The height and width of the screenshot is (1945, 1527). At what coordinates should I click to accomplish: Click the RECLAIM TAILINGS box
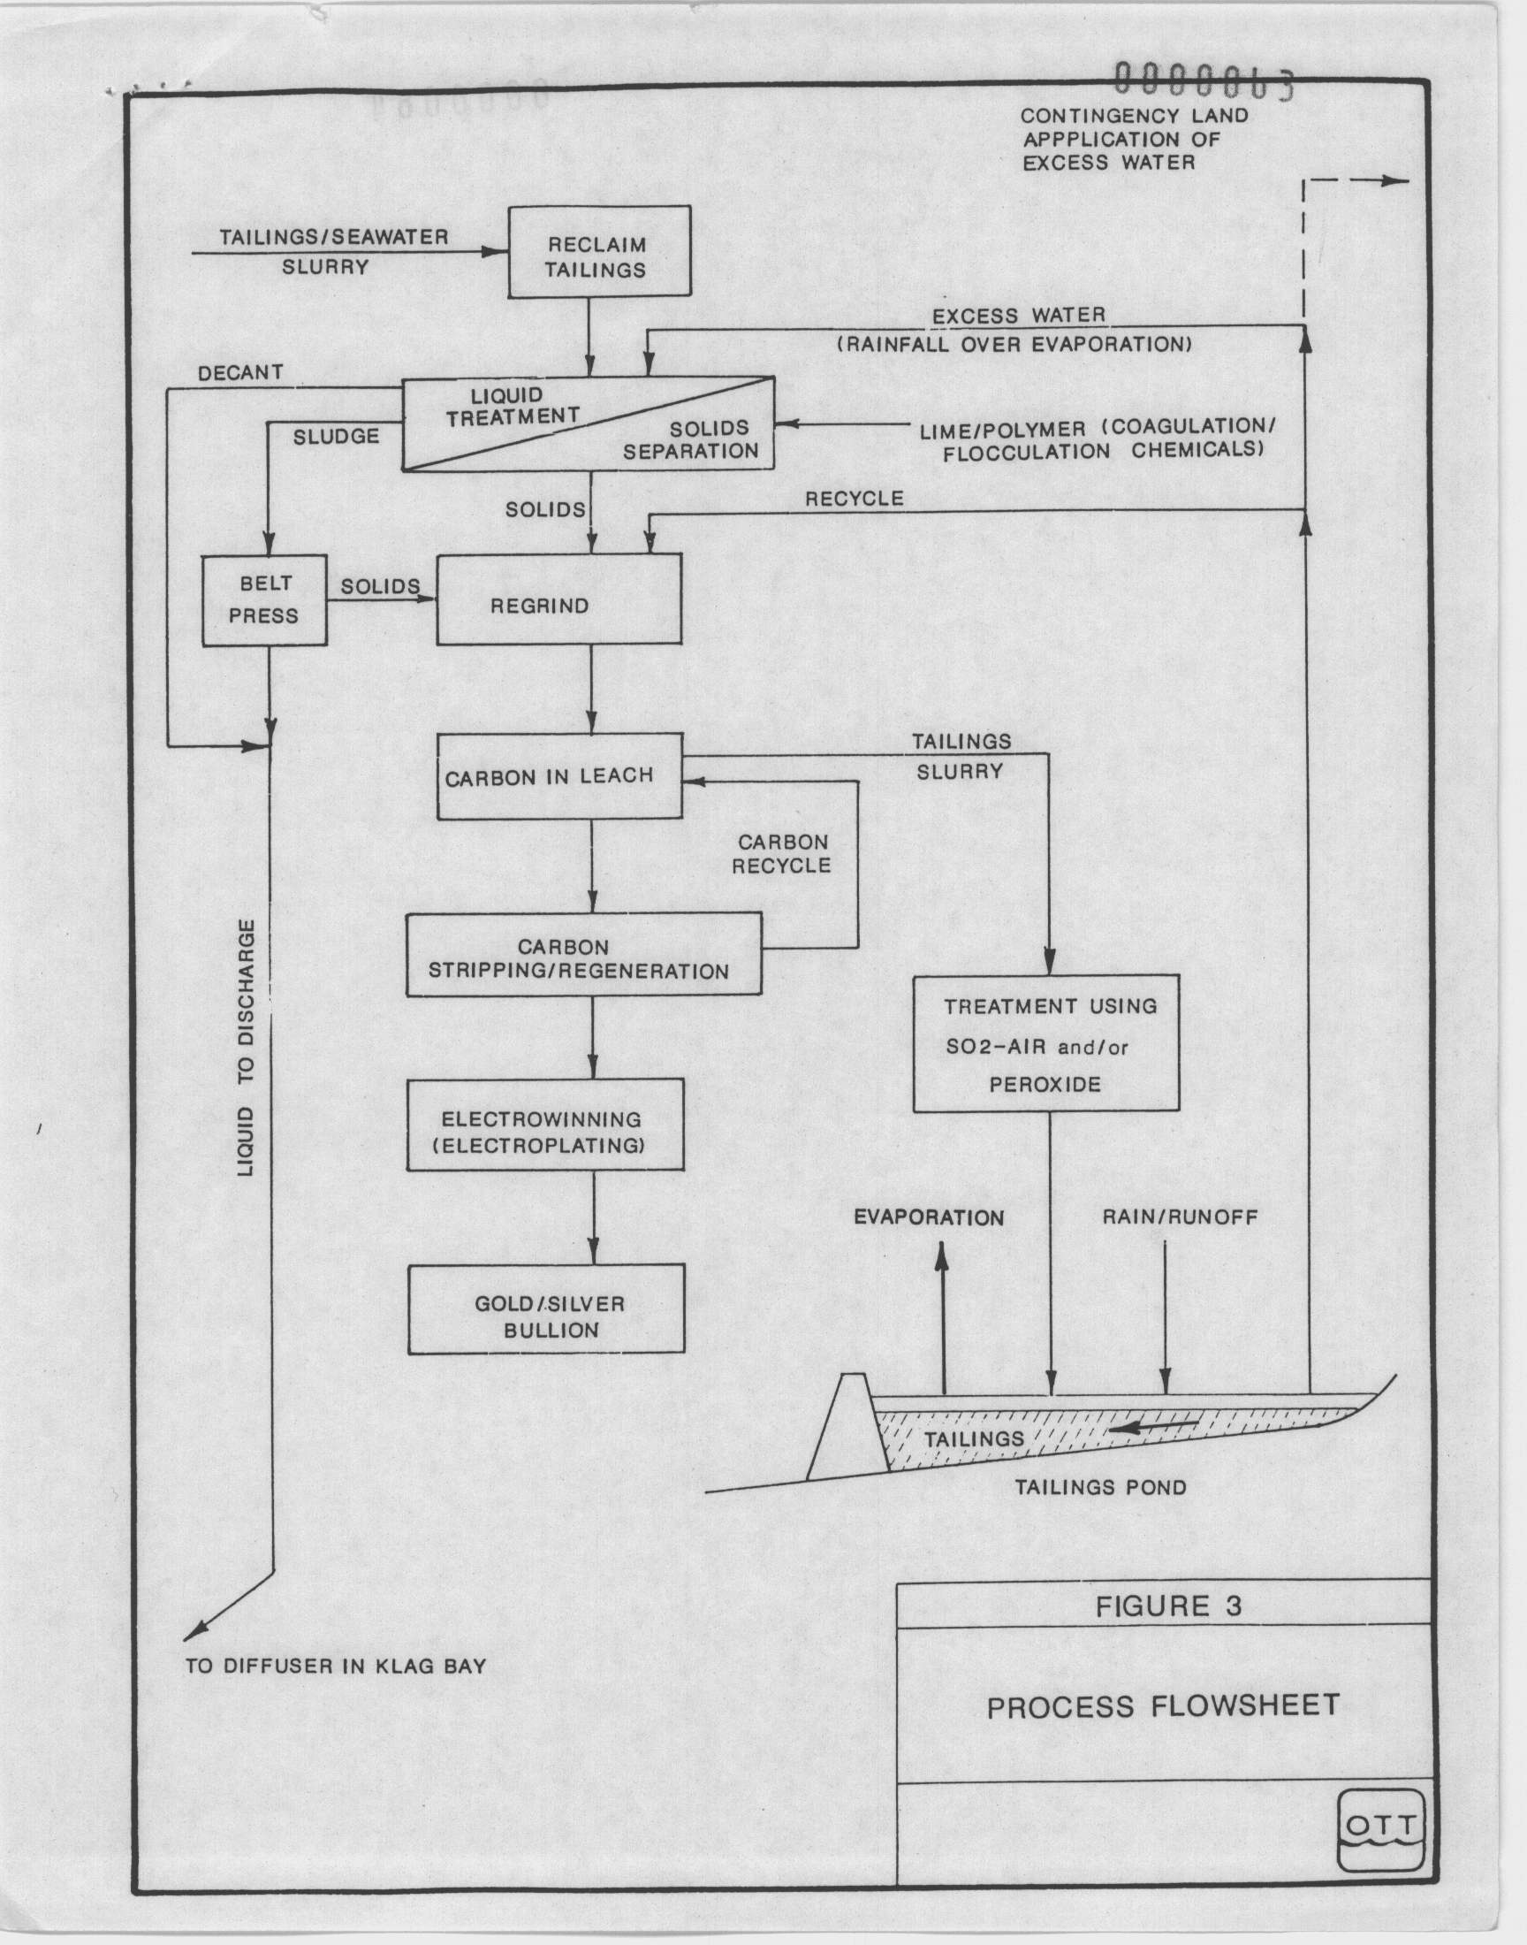tap(599, 251)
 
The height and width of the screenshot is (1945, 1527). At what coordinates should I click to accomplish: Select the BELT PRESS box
tap(264, 600)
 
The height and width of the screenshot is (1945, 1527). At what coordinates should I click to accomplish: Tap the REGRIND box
tap(558, 599)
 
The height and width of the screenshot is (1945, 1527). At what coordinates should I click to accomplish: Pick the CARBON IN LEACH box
tap(559, 776)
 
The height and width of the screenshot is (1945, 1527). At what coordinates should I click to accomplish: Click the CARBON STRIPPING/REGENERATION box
tap(584, 954)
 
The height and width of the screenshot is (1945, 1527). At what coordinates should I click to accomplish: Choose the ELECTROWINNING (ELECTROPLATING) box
tap(545, 1125)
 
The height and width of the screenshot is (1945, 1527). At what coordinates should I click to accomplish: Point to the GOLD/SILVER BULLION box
tap(546, 1308)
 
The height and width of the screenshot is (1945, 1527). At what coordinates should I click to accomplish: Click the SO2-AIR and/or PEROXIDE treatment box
tap(1046, 1043)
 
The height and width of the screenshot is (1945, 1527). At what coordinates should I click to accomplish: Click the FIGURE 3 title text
tap(1168, 1606)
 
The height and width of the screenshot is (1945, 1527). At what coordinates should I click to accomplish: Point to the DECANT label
tap(240, 373)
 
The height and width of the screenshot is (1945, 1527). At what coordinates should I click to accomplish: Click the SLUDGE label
tap(336, 437)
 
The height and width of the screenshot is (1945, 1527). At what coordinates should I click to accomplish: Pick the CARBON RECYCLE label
tap(782, 854)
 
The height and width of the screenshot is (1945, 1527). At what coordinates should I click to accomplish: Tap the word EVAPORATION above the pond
tap(929, 1217)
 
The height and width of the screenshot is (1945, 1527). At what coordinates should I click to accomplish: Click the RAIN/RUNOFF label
tap(1180, 1217)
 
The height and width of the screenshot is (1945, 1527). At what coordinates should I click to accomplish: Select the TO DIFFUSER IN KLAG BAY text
tap(336, 1666)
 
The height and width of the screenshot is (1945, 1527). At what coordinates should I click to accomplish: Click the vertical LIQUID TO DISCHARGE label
tap(247, 1047)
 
